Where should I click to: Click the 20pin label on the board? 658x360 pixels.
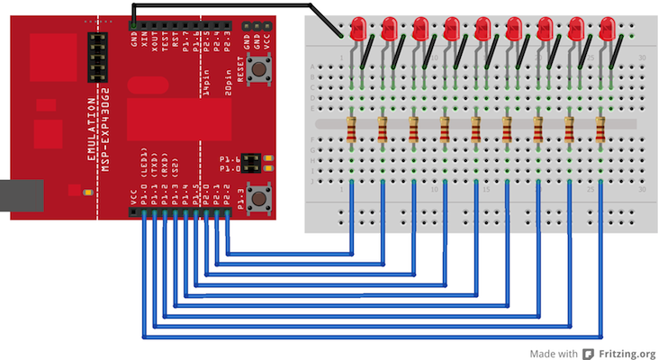230,88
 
